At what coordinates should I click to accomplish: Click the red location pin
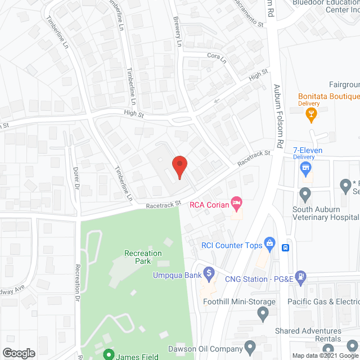pyautogui.click(x=179, y=167)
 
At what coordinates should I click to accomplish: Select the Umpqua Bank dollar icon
pyautogui.click(x=209, y=274)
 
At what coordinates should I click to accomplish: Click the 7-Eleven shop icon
pyautogui.click(x=305, y=167)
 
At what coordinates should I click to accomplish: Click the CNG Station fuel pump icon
pyautogui.click(x=301, y=276)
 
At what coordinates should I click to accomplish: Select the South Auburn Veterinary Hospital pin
pyautogui.click(x=305, y=195)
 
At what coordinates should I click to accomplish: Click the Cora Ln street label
pyautogui.click(x=215, y=56)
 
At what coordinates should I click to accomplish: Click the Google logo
pyautogui.click(x=19, y=353)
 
